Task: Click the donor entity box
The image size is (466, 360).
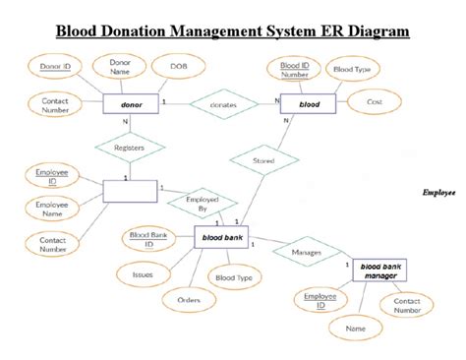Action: coord(131,102)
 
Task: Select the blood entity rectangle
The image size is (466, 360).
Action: coord(310,102)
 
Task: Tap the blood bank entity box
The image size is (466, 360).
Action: coord(221,237)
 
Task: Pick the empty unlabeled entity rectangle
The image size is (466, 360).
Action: coord(131,190)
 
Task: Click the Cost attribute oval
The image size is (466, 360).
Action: coord(374,102)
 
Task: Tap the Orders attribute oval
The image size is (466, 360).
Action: coord(189,299)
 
